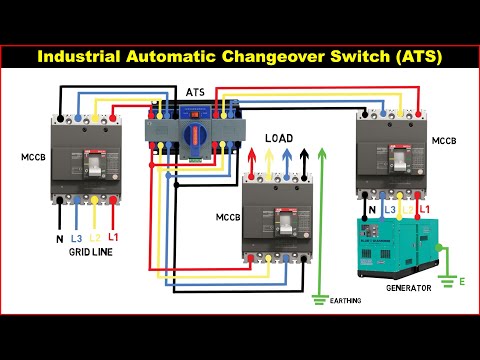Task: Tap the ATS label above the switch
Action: (197, 91)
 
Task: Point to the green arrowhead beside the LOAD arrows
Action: (321, 153)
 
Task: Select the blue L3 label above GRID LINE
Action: (75, 238)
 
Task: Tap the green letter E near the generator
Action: (461, 282)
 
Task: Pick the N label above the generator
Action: (372, 209)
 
